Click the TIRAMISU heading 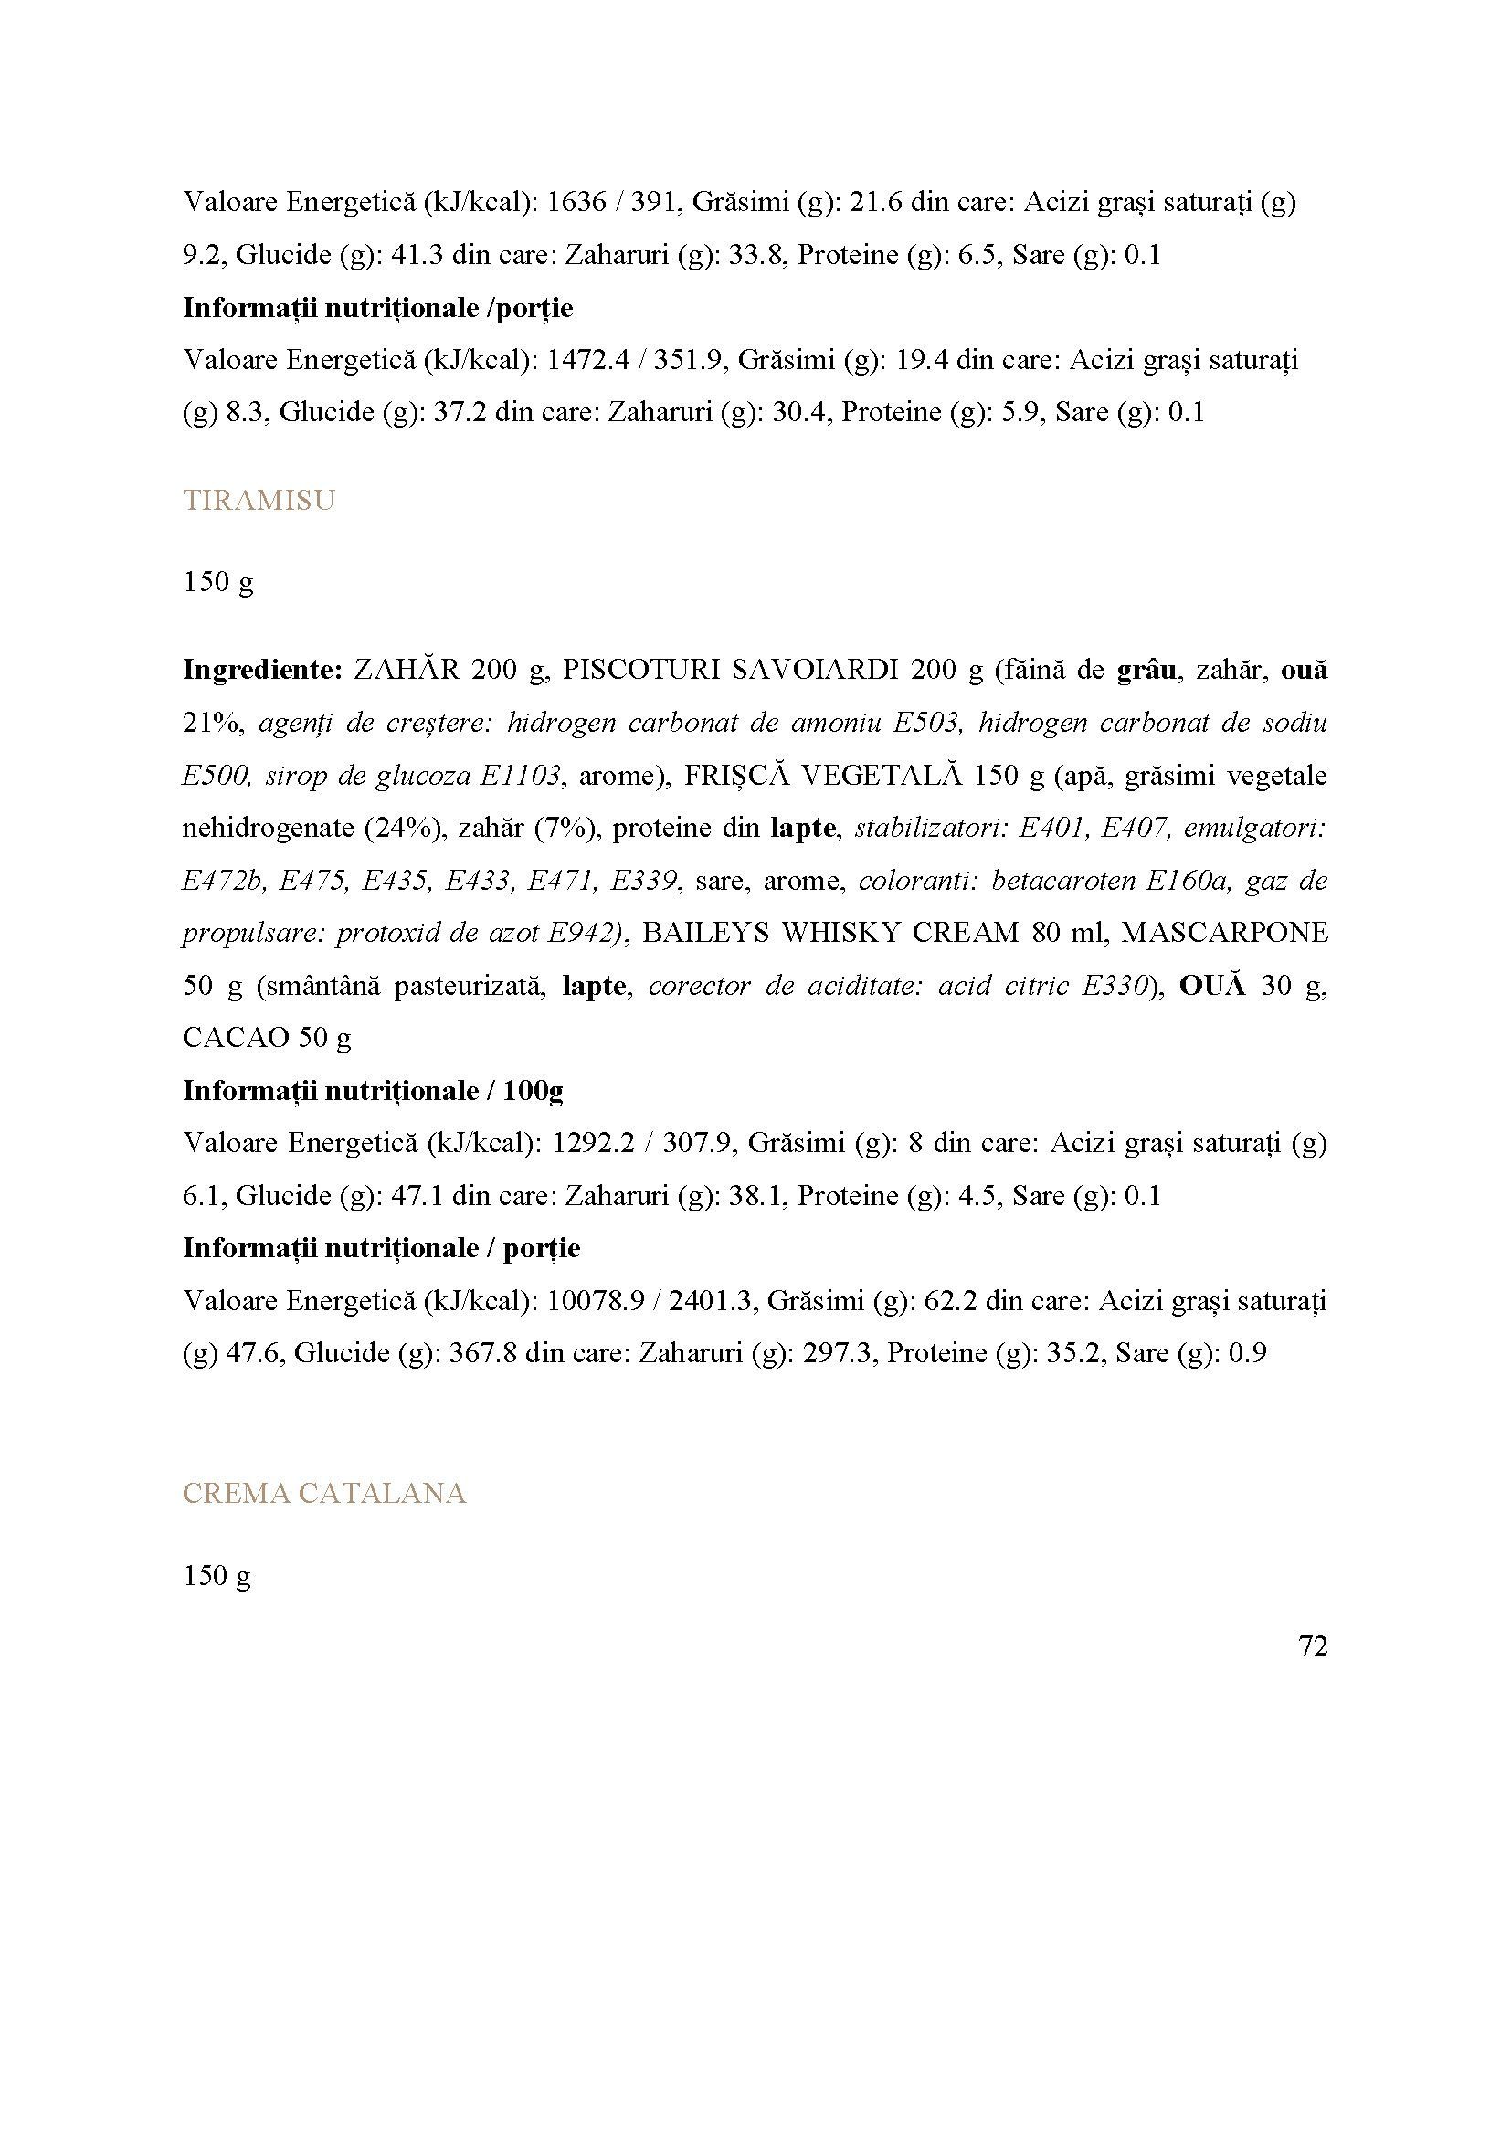[259, 501]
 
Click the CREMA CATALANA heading [323, 1494]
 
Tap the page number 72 [1312, 1646]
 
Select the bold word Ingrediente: [263, 670]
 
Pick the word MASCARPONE [1224, 933]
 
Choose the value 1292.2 [594, 1142]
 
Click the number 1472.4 [586, 359]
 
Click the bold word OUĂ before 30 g [1211, 986]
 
